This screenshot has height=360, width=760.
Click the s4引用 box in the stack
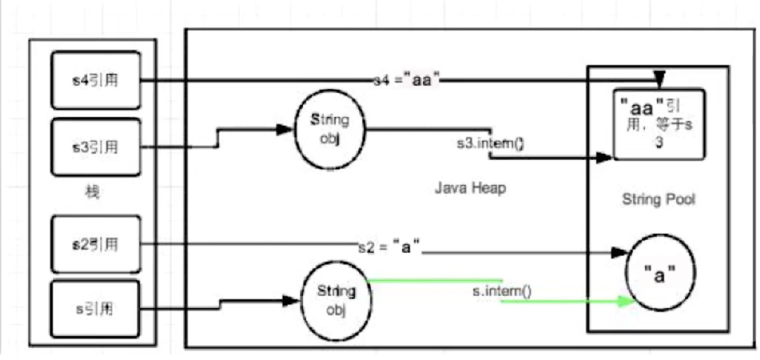point(96,80)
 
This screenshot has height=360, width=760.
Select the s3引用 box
point(96,147)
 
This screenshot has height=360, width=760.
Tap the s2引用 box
point(96,244)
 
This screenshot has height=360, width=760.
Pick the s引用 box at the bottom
point(95,309)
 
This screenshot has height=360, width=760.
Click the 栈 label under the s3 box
point(92,191)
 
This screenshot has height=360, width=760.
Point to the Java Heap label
point(470,188)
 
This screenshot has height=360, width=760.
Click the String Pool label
point(658,199)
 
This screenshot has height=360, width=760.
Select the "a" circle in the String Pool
point(660,273)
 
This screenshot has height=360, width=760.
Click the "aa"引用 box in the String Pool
point(658,124)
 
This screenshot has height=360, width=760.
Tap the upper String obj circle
point(330,129)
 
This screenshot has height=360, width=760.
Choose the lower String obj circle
point(336,300)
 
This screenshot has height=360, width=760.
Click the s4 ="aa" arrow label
point(406,80)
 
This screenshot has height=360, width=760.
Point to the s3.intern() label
point(490,144)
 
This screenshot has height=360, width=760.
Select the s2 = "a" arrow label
point(389,247)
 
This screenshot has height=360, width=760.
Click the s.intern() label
point(502,291)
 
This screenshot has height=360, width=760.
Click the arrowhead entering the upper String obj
point(285,130)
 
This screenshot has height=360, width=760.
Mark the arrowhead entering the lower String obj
point(290,301)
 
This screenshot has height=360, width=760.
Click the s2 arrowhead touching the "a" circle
point(619,252)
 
